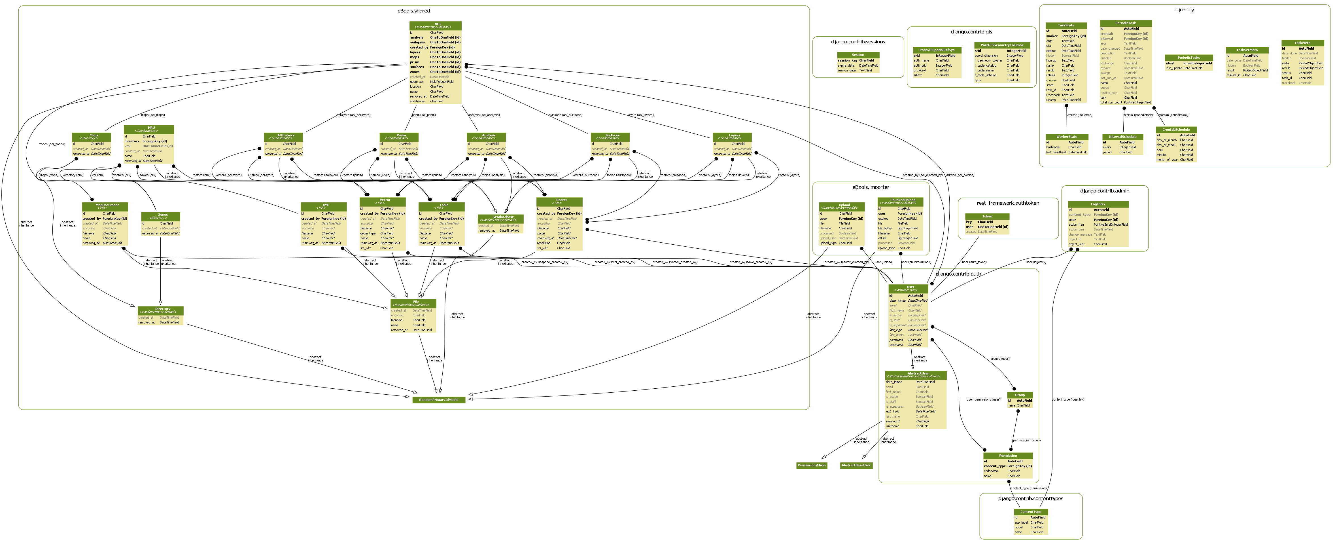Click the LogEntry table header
pyautogui.click(x=1098, y=204)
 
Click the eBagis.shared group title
pyautogui.click(x=413, y=11)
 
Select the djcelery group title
pyautogui.click(x=1184, y=10)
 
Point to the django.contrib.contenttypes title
pyautogui.click(x=1030, y=498)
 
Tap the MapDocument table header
pyautogui.click(x=105, y=206)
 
